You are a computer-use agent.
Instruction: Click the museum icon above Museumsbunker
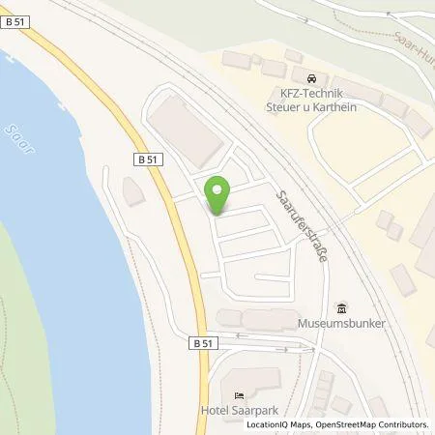click(340, 308)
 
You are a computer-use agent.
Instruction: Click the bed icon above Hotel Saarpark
click(239, 394)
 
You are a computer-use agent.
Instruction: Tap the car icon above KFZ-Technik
click(310, 78)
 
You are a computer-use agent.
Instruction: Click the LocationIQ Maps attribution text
click(278, 424)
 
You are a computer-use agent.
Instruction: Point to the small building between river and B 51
click(133, 191)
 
